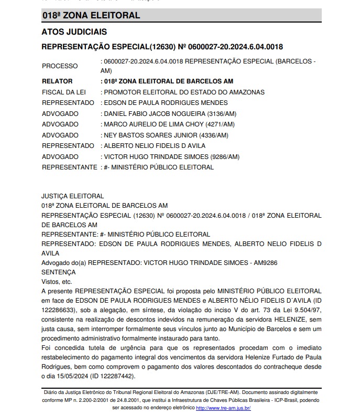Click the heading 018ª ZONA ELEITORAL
(91, 16)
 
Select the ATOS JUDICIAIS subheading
(74, 32)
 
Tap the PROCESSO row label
(60, 66)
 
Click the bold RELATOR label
(58, 81)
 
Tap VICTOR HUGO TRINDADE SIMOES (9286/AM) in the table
(172, 156)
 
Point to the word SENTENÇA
(58, 272)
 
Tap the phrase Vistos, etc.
(57, 282)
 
